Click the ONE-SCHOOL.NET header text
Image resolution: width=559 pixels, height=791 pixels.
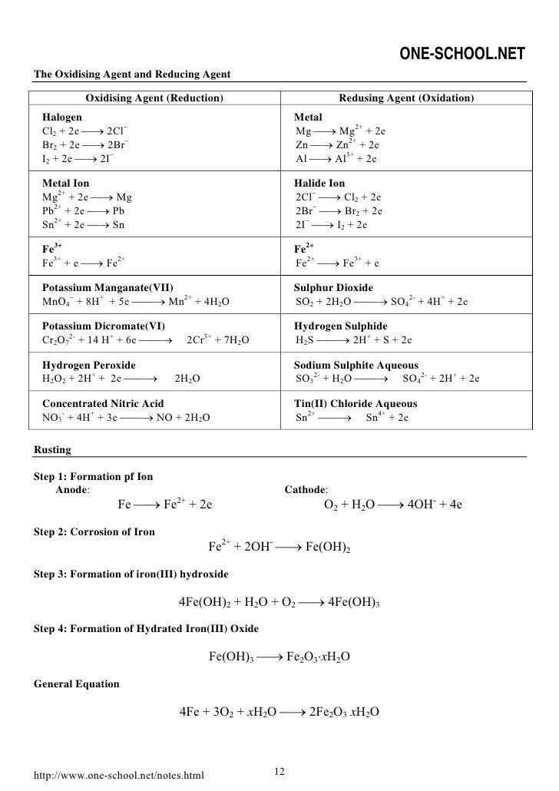[463, 53]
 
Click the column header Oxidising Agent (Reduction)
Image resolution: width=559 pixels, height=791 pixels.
[154, 98]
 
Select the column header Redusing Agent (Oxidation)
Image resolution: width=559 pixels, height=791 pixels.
[406, 98]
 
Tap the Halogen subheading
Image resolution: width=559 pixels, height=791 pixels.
[62, 117]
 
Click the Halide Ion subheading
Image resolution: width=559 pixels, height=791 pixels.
[319, 184]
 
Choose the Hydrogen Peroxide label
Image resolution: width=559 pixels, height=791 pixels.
[88, 365]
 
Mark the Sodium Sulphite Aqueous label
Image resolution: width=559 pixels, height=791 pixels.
[356, 365]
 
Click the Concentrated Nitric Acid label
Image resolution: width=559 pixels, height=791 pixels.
[103, 403]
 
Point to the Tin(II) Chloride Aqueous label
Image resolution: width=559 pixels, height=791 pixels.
[356, 403]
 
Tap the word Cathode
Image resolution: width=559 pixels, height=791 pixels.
[306, 489]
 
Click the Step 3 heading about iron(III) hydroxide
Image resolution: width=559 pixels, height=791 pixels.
[131, 574]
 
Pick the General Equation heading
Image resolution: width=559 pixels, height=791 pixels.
[77, 683]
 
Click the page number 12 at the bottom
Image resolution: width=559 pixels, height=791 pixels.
[279, 771]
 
